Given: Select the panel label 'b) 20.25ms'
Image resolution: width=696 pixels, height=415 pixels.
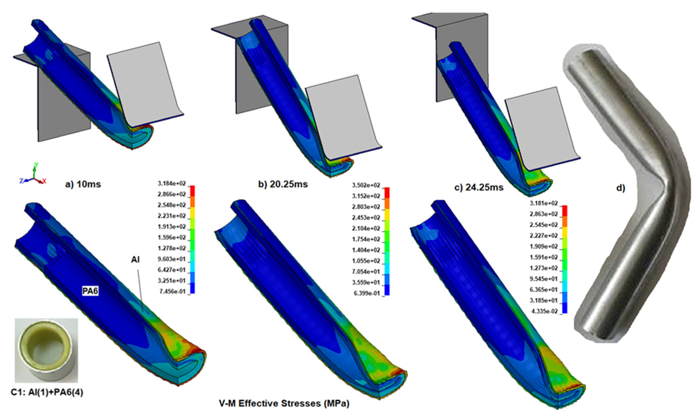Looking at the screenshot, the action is [x=283, y=184].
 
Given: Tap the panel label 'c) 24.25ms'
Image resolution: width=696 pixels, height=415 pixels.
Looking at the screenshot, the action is [x=479, y=187].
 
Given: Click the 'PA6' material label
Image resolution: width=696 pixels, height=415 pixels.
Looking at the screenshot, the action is [x=90, y=291].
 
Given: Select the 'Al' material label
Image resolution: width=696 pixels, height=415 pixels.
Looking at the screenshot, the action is [x=135, y=259].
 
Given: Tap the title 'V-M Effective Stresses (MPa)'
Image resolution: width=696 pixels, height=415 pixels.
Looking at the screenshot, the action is [x=284, y=403].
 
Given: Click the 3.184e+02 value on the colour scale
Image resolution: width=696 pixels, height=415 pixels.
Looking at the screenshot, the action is [x=172, y=183].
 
